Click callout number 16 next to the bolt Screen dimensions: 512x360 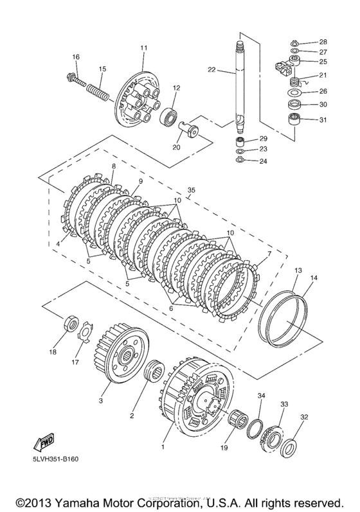75,57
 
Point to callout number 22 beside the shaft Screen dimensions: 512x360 212,70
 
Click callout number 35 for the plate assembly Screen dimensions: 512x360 190,190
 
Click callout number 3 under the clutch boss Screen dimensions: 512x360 100,400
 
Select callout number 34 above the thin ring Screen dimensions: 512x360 261,396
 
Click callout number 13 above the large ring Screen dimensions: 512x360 298,271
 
